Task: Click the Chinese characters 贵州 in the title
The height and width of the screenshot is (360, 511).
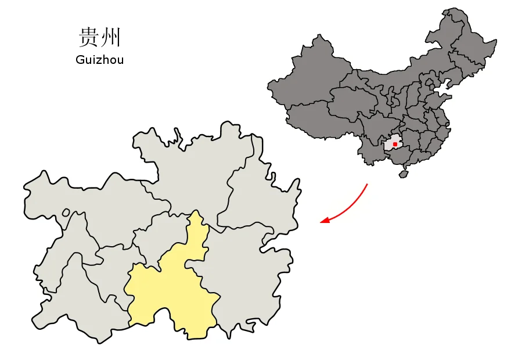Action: pyautogui.click(x=99, y=38)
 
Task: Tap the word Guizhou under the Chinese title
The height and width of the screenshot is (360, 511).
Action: pyautogui.click(x=99, y=60)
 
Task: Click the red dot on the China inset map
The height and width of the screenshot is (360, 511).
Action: pyautogui.click(x=395, y=144)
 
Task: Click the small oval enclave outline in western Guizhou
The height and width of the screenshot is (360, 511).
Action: pyautogui.click(x=66, y=214)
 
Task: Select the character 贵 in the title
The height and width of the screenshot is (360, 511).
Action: pyautogui.click(x=88, y=38)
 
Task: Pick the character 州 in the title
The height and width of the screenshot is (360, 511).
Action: pyautogui.click(x=111, y=38)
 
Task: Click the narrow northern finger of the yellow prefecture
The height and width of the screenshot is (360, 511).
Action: pyautogui.click(x=197, y=229)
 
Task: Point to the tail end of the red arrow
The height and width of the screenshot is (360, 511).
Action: pyautogui.click(x=367, y=185)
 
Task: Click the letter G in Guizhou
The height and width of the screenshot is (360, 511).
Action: pyautogui.click(x=80, y=60)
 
